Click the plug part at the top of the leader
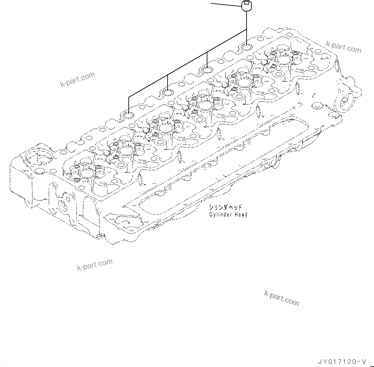(247, 6)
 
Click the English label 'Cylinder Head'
(228, 215)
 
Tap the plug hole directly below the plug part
(247, 48)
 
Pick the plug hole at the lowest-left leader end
(128, 115)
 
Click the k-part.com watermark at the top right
(343, 47)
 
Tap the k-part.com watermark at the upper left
(77, 79)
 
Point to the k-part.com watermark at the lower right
(282, 298)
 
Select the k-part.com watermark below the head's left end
(95, 264)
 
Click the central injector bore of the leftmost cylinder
(86, 173)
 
